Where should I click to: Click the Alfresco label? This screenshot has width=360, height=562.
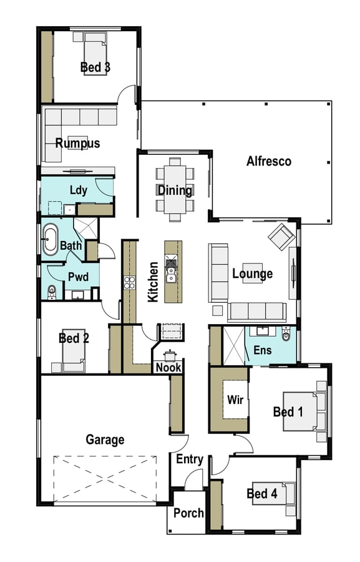coord(269,161)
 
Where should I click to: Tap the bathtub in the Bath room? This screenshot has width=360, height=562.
coord(50,239)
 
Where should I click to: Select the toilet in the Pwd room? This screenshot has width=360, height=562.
coord(52,292)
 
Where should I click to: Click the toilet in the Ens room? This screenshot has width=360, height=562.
coord(286,335)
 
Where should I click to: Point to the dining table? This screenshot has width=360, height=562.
coord(175,189)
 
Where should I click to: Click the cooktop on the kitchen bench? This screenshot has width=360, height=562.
coord(129,282)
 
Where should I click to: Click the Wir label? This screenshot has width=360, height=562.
coord(235,400)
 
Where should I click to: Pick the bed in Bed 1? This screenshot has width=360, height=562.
coord(301,411)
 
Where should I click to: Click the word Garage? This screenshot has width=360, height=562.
coord(105,440)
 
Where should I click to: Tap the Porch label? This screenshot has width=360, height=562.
coord(188,513)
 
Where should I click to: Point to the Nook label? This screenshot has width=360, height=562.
coord(168,367)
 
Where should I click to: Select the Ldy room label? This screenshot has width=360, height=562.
coord(79,190)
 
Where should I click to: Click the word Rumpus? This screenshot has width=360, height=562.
coord(77,143)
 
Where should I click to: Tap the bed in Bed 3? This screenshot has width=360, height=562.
coord(95,57)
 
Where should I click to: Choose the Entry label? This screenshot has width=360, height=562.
coord(190,459)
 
